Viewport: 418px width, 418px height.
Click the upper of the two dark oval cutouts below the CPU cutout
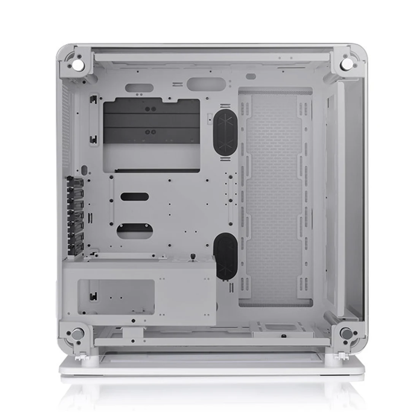pyautogui.click(x=135, y=196)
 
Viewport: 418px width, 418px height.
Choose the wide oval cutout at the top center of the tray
pyautogui.click(x=206, y=84)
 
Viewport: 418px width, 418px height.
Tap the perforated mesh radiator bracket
pyautogui.click(x=275, y=198)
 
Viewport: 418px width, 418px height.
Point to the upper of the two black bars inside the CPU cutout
pyautogui.click(x=151, y=109)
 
